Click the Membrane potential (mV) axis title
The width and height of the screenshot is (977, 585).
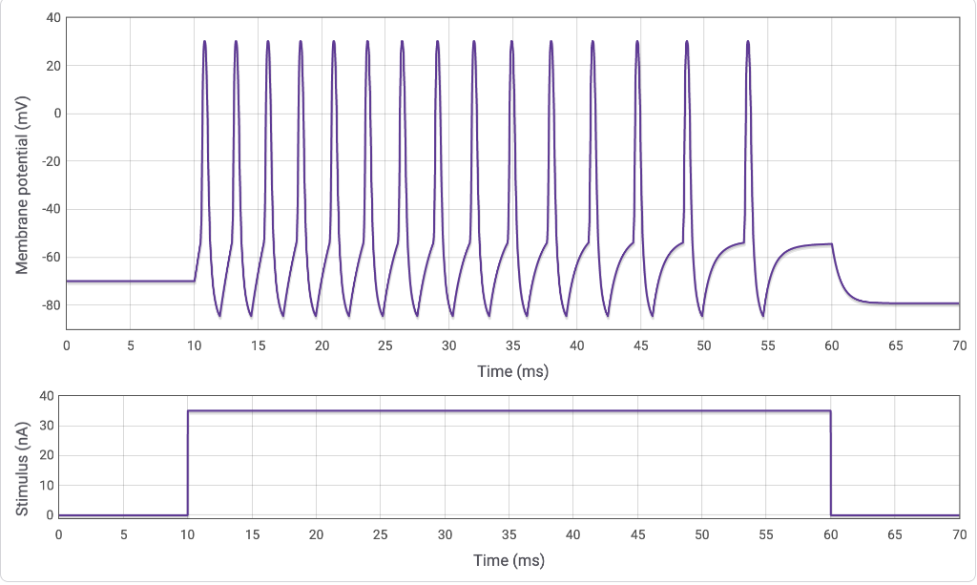click(22, 173)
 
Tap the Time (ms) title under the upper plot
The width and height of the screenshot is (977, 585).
click(512, 370)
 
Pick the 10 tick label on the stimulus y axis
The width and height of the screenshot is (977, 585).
click(44, 485)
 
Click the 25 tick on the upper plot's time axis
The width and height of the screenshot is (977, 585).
click(385, 345)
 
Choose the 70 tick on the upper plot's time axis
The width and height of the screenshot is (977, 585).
click(959, 345)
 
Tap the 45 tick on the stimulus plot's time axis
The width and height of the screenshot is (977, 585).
click(637, 534)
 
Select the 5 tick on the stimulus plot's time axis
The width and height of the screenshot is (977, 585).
click(123, 534)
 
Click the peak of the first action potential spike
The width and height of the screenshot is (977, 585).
click(205, 42)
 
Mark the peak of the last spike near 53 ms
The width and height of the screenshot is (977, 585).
click(748, 42)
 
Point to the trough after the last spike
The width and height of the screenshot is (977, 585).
click(762, 316)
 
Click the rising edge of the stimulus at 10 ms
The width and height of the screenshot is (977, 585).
click(188, 463)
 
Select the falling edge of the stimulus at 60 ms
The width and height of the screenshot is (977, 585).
click(831, 463)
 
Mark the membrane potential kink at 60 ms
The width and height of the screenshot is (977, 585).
click(832, 244)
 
